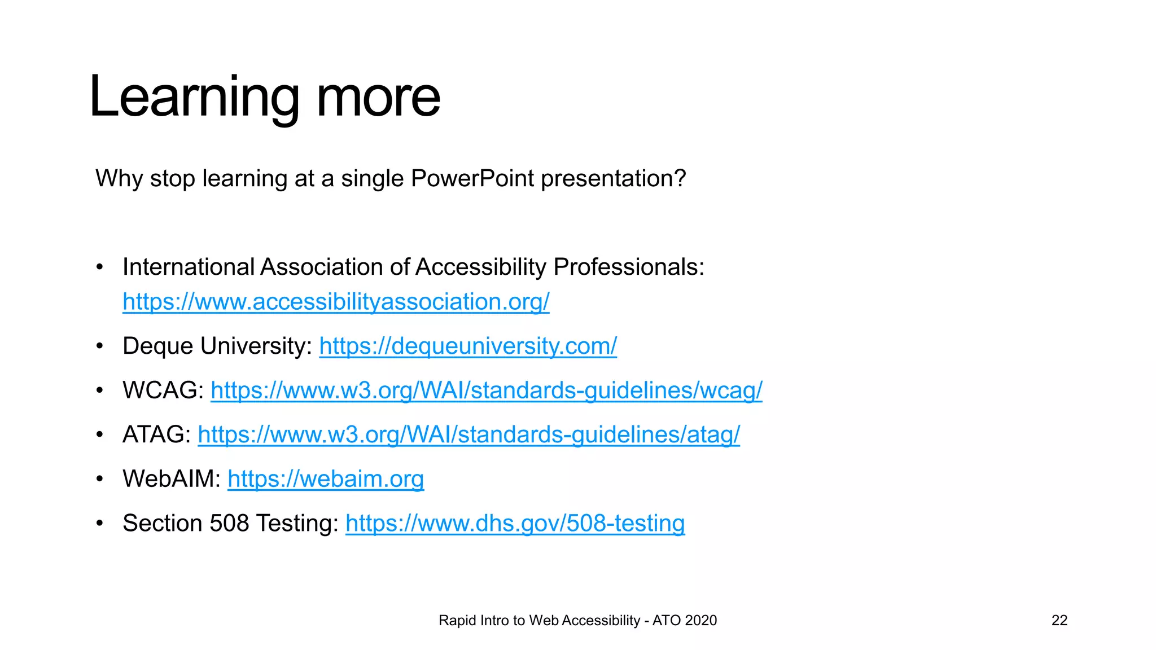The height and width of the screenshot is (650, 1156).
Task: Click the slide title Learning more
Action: [264, 97]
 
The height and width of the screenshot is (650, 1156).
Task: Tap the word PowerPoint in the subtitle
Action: [472, 179]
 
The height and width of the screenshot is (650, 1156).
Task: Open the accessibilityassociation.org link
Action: [336, 302]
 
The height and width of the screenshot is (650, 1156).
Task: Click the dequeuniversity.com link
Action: [468, 346]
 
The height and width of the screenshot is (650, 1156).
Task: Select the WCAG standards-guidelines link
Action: [486, 390]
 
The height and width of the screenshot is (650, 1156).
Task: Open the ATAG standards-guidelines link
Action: [468, 434]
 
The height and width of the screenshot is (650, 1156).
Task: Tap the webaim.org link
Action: [326, 479]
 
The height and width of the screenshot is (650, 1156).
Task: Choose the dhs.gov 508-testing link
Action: [515, 523]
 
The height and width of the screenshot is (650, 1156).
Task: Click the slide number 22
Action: [1059, 620]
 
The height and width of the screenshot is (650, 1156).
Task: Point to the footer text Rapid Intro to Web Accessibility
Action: [539, 620]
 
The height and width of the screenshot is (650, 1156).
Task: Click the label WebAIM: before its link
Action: [172, 479]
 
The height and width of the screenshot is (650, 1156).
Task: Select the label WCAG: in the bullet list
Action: [163, 390]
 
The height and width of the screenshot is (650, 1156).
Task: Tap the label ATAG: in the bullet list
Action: [157, 434]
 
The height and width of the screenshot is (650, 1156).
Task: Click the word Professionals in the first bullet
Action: [628, 267]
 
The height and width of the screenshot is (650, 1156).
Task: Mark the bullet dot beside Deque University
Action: [100, 346]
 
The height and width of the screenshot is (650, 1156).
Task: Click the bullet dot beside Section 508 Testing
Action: [100, 523]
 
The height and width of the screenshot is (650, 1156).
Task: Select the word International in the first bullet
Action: [189, 267]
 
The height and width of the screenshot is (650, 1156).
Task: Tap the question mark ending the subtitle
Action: [680, 179]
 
